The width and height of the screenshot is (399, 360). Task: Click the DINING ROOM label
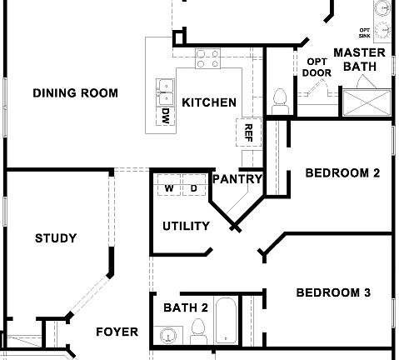[75, 93]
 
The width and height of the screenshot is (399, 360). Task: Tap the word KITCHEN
[209, 103]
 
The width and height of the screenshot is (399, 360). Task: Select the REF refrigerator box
[247, 131]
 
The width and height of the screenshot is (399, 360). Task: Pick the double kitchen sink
[165, 89]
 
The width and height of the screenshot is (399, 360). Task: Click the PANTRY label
[238, 178]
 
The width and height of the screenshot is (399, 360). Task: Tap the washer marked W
[169, 188]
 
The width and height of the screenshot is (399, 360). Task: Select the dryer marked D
[193, 188]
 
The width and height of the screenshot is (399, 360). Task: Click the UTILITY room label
[186, 226]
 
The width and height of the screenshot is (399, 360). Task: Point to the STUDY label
[56, 238]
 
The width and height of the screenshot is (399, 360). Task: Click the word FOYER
[117, 332]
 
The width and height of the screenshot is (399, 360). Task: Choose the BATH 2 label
[186, 307]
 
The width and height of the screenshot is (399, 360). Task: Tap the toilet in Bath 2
[198, 334]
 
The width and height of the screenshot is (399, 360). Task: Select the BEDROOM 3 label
[333, 292]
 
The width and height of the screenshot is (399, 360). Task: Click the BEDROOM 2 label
[342, 174]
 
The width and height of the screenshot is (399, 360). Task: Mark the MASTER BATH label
[359, 59]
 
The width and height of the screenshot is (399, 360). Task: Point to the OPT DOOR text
[317, 67]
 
